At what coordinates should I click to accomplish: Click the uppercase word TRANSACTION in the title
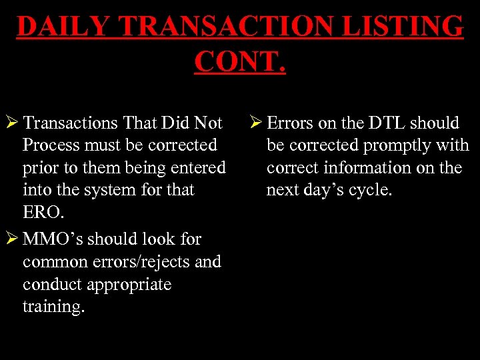pyautogui.click(x=233, y=27)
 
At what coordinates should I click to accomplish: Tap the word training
pyautogui.click(x=53, y=307)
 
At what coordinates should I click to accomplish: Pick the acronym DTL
pyautogui.click(x=385, y=123)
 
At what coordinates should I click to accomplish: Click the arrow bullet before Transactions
pyautogui.click(x=11, y=123)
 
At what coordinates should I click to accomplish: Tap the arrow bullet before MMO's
pyautogui.click(x=11, y=239)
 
